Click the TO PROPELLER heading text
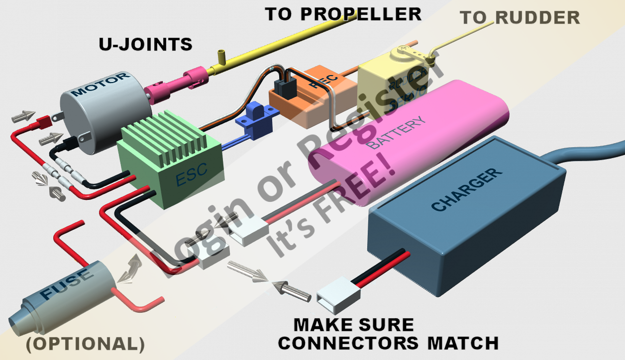click(343, 14)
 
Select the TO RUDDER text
click(520, 18)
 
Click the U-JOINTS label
click(145, 44)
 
